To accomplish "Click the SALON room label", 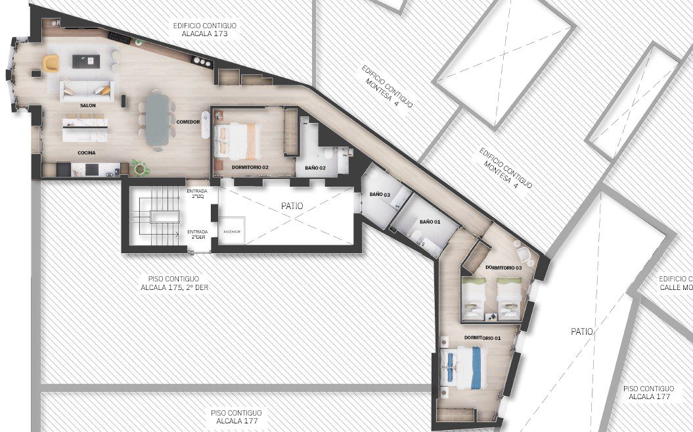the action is coord(88,105).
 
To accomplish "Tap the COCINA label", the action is coord(87,153).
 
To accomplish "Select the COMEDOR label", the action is coord(189,122).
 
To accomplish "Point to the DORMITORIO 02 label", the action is coord(250,167).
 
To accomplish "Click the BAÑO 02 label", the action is coord(315,168).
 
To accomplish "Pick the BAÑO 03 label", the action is coord(380,195).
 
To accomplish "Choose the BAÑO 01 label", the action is coord(430,222).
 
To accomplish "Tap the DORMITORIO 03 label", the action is coord(504,268).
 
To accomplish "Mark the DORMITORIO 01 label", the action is coord(483,338).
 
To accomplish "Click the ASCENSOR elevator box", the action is coord(232,231).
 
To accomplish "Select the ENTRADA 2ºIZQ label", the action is coord(197,194).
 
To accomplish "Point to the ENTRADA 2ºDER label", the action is coord(197,234).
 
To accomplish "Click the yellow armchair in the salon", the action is coord(51,62).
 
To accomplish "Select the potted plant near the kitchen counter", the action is coord(140,167).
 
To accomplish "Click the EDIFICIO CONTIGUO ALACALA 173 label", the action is coord(205,29).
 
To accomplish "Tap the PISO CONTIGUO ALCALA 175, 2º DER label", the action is coord(175,283).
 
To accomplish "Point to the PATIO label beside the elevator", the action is coord(292,206).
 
